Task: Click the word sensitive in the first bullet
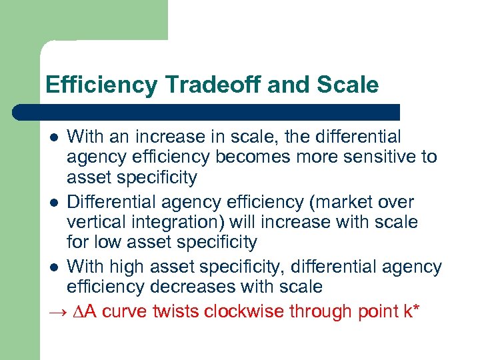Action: [x=375, y=157]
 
